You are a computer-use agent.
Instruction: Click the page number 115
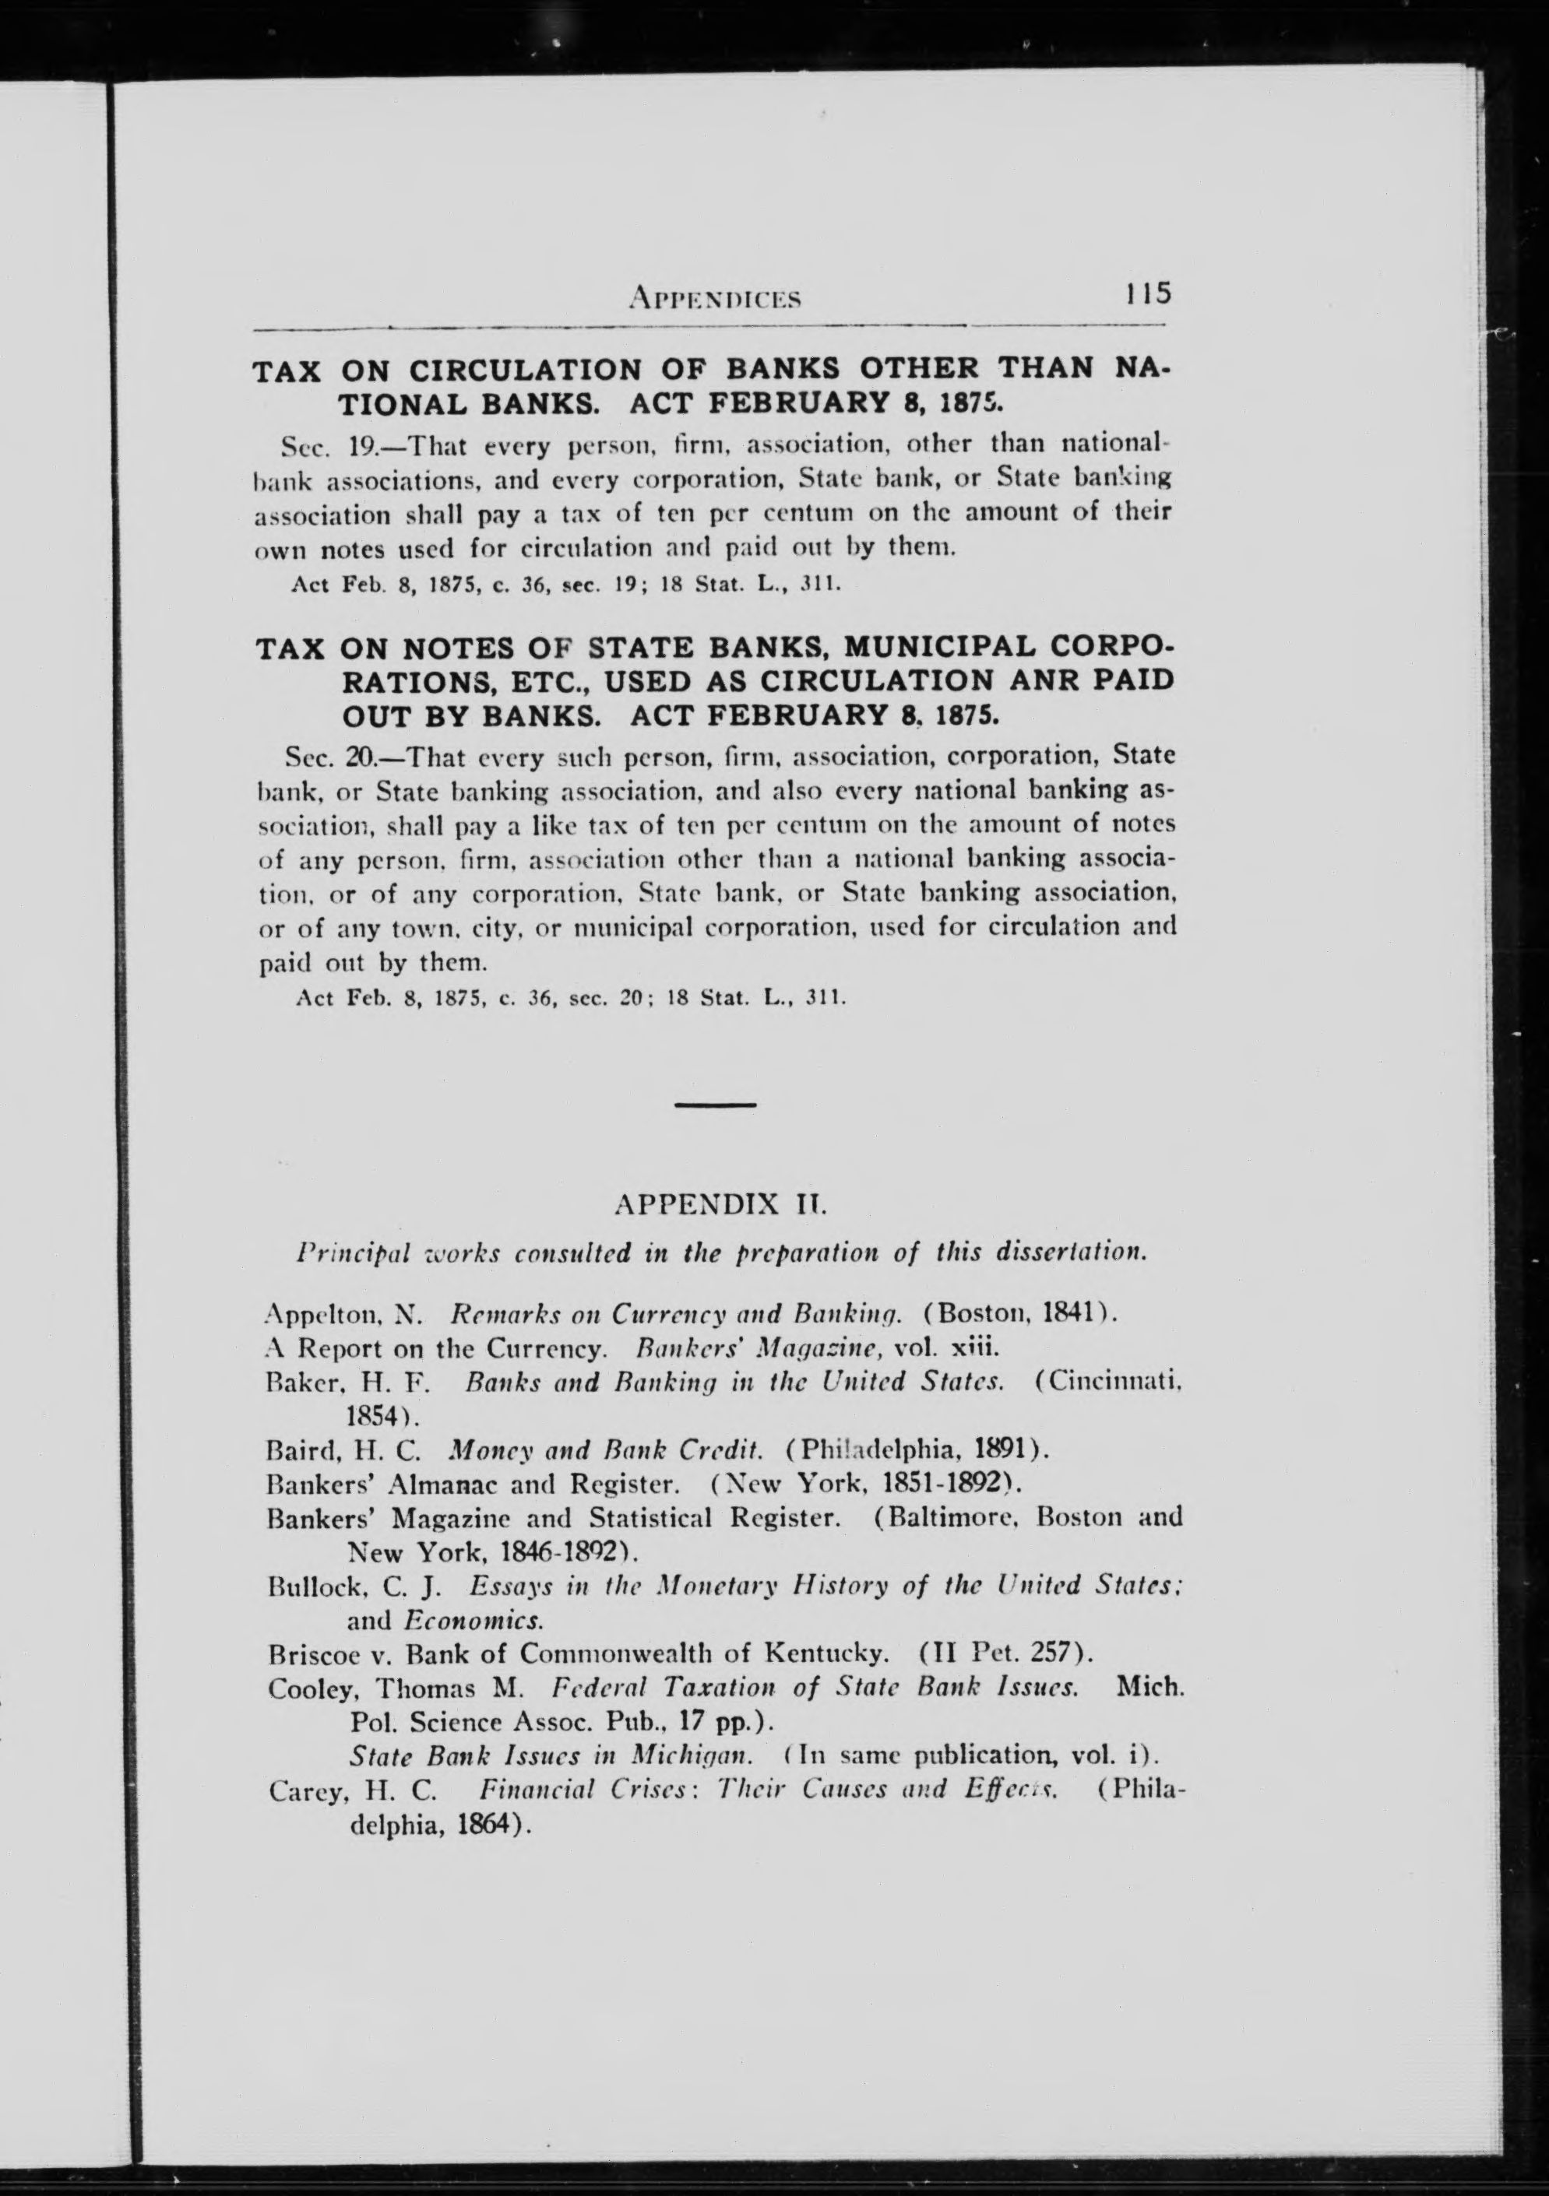click(x=1148, y=292)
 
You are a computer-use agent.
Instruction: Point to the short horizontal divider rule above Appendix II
click(x=716, y=1105)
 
